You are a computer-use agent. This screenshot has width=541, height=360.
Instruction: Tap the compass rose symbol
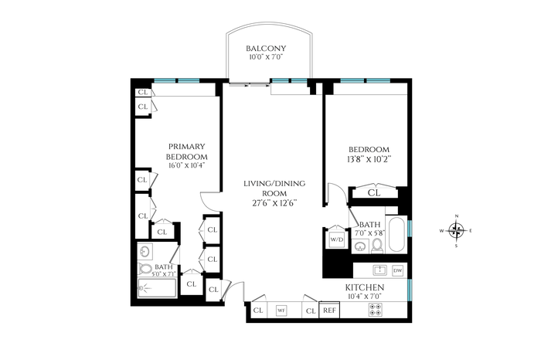[456, 230]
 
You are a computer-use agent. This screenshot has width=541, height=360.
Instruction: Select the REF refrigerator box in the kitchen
[329, 310]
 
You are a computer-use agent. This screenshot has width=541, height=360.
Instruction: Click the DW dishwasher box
[397, 270]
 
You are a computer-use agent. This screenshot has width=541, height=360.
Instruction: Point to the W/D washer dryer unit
[337, 239]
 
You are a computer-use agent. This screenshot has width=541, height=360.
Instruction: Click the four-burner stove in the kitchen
[375, 309]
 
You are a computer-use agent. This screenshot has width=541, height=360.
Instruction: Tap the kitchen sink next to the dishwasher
[379, 270]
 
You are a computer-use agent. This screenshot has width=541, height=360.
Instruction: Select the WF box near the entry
[281, 311]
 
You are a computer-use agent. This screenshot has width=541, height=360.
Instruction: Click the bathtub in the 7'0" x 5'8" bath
[396, 235]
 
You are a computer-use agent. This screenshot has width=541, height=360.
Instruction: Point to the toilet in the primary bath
[145, 269]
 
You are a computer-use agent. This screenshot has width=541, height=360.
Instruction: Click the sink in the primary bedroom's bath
[145, 251]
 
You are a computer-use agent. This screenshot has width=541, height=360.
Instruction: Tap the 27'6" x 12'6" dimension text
[274, 203]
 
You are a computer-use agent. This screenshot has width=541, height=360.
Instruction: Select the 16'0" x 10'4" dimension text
[187, 165]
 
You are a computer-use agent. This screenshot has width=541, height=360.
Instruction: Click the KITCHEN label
[365, 287]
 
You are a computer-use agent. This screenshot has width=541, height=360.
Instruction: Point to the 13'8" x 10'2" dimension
[369, 159]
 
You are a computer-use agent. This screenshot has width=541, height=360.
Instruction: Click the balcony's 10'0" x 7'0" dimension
[266, 57]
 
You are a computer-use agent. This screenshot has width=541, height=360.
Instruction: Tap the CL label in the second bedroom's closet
[373, 193]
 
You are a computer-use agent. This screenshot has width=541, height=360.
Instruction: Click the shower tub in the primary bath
[158, 288]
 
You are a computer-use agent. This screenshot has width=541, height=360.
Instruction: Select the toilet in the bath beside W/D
[377, 246]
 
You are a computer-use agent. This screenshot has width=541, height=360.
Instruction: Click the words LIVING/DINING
[274, 183]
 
